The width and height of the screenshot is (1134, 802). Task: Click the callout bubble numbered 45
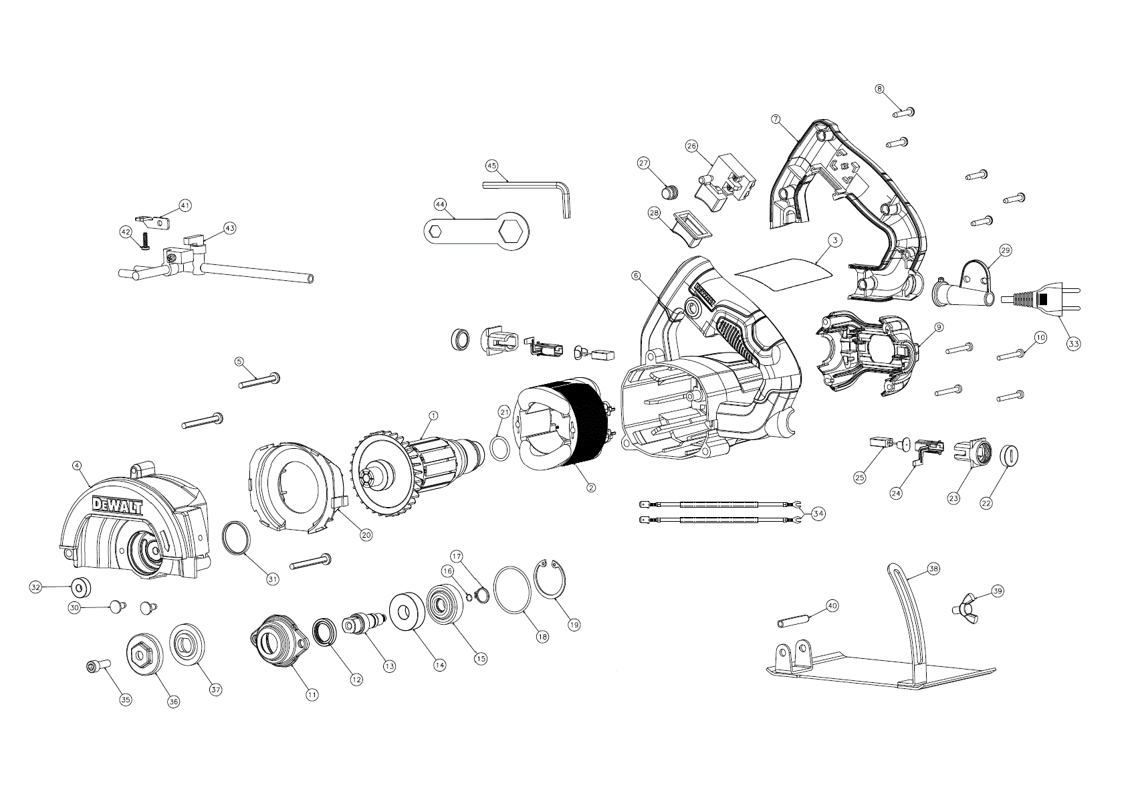[x=491, y=165]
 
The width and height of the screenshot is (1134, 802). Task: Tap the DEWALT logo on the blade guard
[x=118, y=507]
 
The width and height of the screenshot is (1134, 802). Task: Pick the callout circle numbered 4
[x=77, y=465]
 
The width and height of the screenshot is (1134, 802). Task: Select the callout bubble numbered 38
[x=933, y=569]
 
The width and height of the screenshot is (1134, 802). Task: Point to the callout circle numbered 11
[x=312, y=695]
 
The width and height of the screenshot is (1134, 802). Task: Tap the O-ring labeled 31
[x=237, y=538]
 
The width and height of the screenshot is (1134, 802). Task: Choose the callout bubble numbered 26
[x=691, y=146]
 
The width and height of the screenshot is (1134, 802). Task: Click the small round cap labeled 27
[x=669, y=192]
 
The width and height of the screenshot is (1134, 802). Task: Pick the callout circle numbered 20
[x=366, y=534]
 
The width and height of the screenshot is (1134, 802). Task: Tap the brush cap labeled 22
[x=1010, y=456]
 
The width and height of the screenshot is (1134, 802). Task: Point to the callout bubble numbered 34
[x=818, y=513]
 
